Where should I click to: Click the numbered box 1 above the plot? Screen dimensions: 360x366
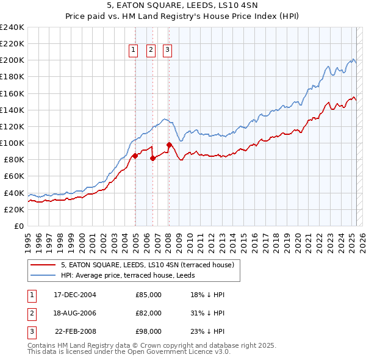pyautogui.click(x=133, y=51)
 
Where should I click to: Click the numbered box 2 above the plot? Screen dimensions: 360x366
pyautogui.click(x=151, y=51)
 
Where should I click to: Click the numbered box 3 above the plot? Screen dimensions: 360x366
pyautogui.click(x=167, y=51)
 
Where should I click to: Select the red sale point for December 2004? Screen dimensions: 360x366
pyautogui.click(x=135, y=156)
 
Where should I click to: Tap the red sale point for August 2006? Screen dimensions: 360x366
pyautogui.click(x=152, y=158)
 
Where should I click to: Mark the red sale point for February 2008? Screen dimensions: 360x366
pyautogui.click(x=169, y=145)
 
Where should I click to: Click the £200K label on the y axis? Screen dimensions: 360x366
pyautogui.click(x=12, y=60)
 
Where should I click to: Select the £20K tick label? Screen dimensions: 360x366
pyautogui.click(x=14, y=209)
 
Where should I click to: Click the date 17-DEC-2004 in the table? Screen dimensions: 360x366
pyautogui.click(x=75, y=295)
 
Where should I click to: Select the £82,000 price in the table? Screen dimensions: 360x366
pyautogui.click(x=148, y=313)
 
